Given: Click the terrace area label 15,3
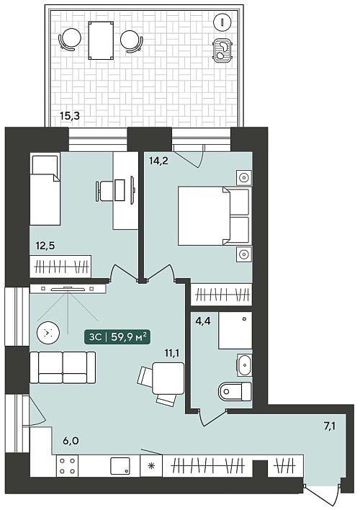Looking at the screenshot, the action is tap(70, 115).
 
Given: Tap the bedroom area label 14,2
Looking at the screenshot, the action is tap(158, 161).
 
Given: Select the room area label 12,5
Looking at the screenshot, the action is tap(45, 246).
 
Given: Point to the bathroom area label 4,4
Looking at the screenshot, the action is tap(203, 321).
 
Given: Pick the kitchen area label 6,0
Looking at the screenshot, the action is tap(71, 441).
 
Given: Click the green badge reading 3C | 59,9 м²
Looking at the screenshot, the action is tap(117, 337).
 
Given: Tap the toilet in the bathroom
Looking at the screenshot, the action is tap(235, 392).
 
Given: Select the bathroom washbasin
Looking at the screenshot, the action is tap(244, 364).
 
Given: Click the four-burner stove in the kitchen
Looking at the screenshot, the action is tap(67, 466).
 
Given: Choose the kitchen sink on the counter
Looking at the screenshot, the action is tap(120, 466).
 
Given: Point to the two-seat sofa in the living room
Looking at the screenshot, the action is tap(63, 367).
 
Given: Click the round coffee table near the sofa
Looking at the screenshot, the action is tap(48, 333).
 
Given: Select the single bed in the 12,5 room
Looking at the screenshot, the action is tap(45, 189).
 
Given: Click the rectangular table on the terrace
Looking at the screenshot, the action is tap(101, 40).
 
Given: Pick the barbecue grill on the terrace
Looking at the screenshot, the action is tap(222, 50).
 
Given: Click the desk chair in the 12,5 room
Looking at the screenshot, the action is tap(105, 191).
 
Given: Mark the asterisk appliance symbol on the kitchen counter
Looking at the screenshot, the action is tap(151, 466).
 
